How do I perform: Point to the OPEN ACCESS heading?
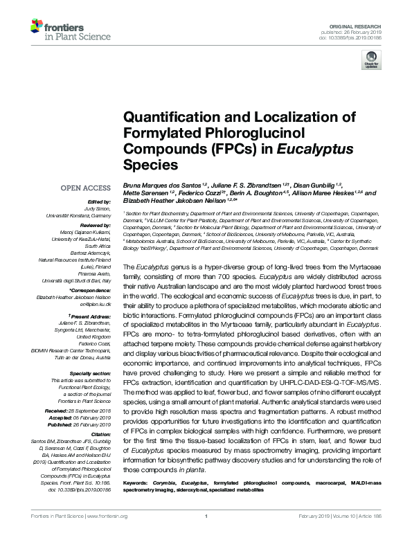[85, 188]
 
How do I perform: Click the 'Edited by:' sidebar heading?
[98, 200]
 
